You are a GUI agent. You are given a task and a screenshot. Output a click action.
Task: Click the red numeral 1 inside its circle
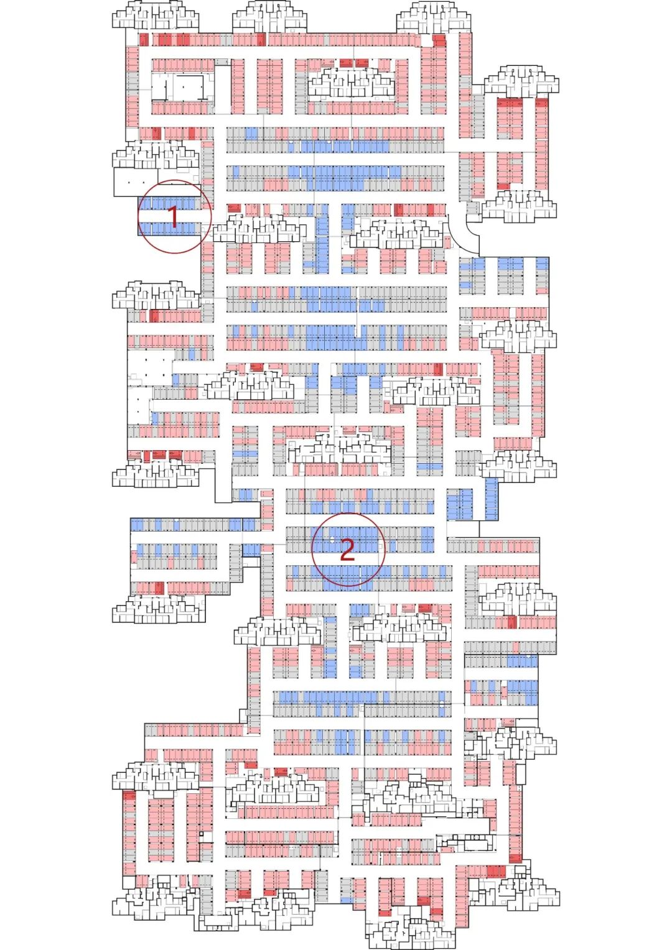coord(174,216)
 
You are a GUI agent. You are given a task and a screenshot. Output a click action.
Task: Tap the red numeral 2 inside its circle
coord(347,550)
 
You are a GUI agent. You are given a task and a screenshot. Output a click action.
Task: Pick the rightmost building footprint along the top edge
coord(434,16)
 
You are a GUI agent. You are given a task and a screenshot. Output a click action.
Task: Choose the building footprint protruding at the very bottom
coord(404,929)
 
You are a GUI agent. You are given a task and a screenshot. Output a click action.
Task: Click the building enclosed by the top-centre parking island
coord(352,84)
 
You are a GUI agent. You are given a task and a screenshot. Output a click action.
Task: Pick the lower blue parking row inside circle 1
coord(169,228)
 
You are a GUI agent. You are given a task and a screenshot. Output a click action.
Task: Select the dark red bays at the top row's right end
coord(439,40)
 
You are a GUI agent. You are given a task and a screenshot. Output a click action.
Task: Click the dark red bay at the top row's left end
coord(144,40)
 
